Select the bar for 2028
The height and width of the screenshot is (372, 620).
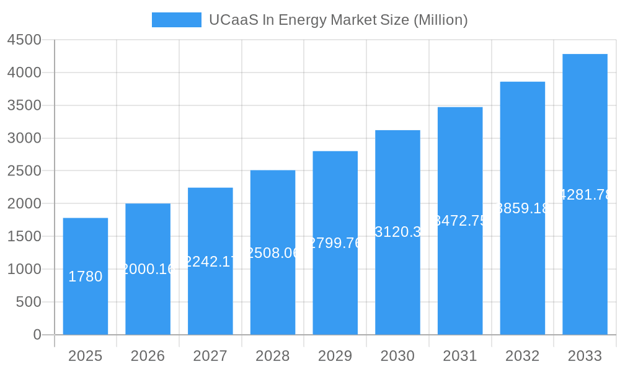click(x=273, y=291)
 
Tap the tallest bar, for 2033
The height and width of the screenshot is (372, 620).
click(x=585, y=248)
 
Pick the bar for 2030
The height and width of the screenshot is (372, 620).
click(x=397, y=279)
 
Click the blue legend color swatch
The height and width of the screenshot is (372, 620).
click(x=177, y=20)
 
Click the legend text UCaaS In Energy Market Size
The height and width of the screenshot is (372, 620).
click(x=338, y=20)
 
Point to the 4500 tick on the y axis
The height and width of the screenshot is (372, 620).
click(x=24, y=40)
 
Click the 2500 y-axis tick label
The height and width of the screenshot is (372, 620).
click(x=24, y=171)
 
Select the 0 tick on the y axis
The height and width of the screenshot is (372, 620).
click(x=37, y=335)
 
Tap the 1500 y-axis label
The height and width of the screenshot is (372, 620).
click(x=24, y=237)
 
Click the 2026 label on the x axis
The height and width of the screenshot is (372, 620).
click(x=148, y=356)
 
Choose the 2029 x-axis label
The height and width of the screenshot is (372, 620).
click(x=335, y=356)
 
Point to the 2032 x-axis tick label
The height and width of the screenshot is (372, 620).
click(x=522, y=356)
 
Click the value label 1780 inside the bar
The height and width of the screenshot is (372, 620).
click(x=86, y=277)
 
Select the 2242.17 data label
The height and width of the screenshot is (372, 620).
click(x=210, y=262)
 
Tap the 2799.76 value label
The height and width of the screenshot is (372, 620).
click(x=335, y=243)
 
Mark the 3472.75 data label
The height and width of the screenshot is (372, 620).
click(x=460, y=221)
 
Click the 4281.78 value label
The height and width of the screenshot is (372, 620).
click(x=585, y=195)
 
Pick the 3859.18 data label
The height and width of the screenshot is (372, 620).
click(x=523, y=208)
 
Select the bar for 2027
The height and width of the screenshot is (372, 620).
click(x=210, y=298)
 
